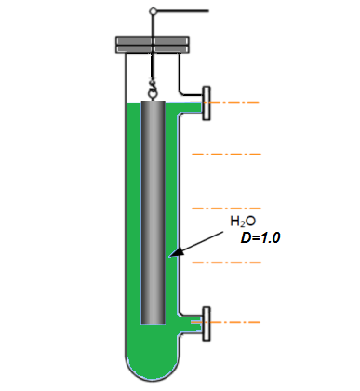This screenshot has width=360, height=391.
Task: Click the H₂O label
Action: coord(243,222)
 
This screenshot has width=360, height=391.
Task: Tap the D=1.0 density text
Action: coord(260,238)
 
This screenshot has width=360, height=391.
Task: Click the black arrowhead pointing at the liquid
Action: coord(177,252)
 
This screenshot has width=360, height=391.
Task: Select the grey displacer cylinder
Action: coord(153,212)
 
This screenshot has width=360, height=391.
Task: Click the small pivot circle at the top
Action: coord(153,11)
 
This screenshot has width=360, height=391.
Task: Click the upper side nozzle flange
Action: coord(207,103)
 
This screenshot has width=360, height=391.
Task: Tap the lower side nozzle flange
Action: coord(207,324)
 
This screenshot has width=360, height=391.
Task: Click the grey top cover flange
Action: coord(153,45)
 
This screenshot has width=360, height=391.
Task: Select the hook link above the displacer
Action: coord(153,90)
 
